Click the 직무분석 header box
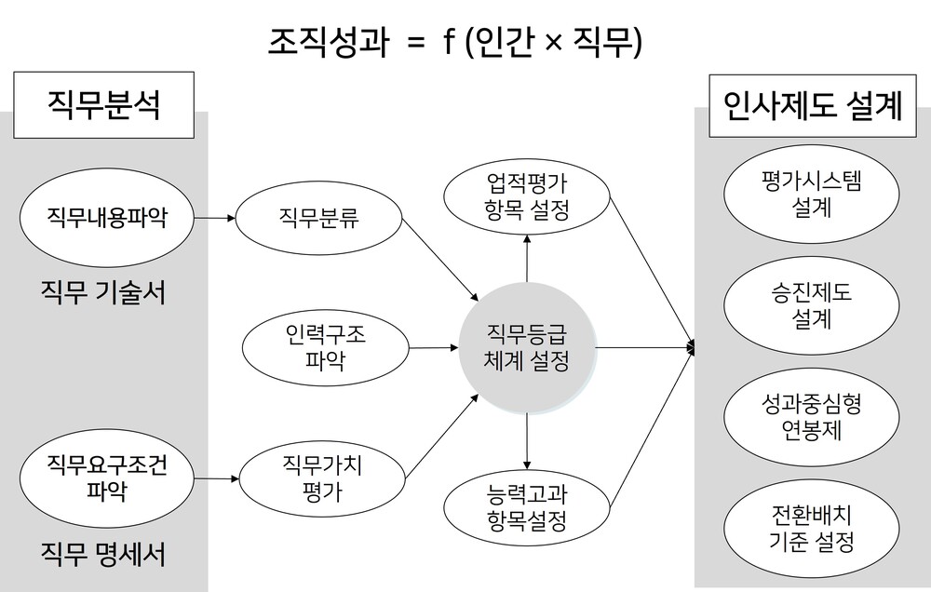(x=104, y=105)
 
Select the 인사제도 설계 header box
(x=813, y=106)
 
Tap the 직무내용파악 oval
(x=107, y=218)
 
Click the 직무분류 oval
(x=318, y=218)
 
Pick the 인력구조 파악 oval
(x=325, y=347)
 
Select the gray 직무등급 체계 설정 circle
(x=527, y=348)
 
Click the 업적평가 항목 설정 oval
(x=527, y=196)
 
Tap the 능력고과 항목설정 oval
(x=527, y=507)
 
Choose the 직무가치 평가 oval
(x=322, y=478)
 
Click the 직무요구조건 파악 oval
(x=107, y=478)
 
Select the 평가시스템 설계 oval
(x=811, y=194)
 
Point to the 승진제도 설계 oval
(x=811, y=305)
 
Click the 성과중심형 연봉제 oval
(x=811, y=417)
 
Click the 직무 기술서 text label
(x=103, y=292)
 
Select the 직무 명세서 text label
(x=103, y=554)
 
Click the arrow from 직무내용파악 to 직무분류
(x=215, y=218)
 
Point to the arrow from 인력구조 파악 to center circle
(x=434, y=347)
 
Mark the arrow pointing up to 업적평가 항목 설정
(x=527, y=258)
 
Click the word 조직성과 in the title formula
(x=329, y=42)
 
